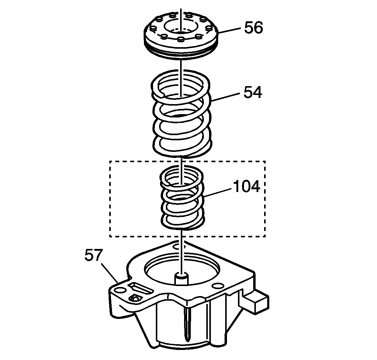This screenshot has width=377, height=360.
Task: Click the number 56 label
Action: [x=253, y=28]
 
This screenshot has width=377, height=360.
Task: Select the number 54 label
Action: [x=253, y=93]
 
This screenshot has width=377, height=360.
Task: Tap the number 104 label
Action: [x=246, y=187]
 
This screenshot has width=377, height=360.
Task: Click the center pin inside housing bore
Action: [x=182, y=278]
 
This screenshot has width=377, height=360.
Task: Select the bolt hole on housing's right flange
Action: [x=218, y=286]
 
